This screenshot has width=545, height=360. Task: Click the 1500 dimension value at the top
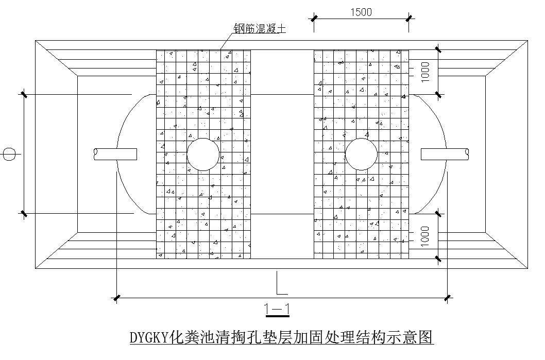point(361,12)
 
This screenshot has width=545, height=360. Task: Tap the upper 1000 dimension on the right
point(425,72)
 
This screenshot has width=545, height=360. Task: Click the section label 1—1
point(277,310)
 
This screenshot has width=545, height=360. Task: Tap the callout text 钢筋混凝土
point(260,29)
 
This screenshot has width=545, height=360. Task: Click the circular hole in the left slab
point(203,154)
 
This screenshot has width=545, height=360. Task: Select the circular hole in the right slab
point(362,154)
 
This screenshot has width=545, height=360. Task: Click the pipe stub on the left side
point(115,153)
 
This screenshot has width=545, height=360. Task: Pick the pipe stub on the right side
point(445,153)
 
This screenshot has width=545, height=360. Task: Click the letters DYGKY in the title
point(149,338)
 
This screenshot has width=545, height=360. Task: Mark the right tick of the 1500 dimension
point(408,19)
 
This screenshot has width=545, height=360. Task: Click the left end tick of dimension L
point(117,298)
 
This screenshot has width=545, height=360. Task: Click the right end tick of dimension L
point(447,298)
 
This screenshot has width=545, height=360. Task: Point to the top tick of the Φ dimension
point(24,94)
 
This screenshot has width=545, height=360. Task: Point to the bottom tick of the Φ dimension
point(24,213)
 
